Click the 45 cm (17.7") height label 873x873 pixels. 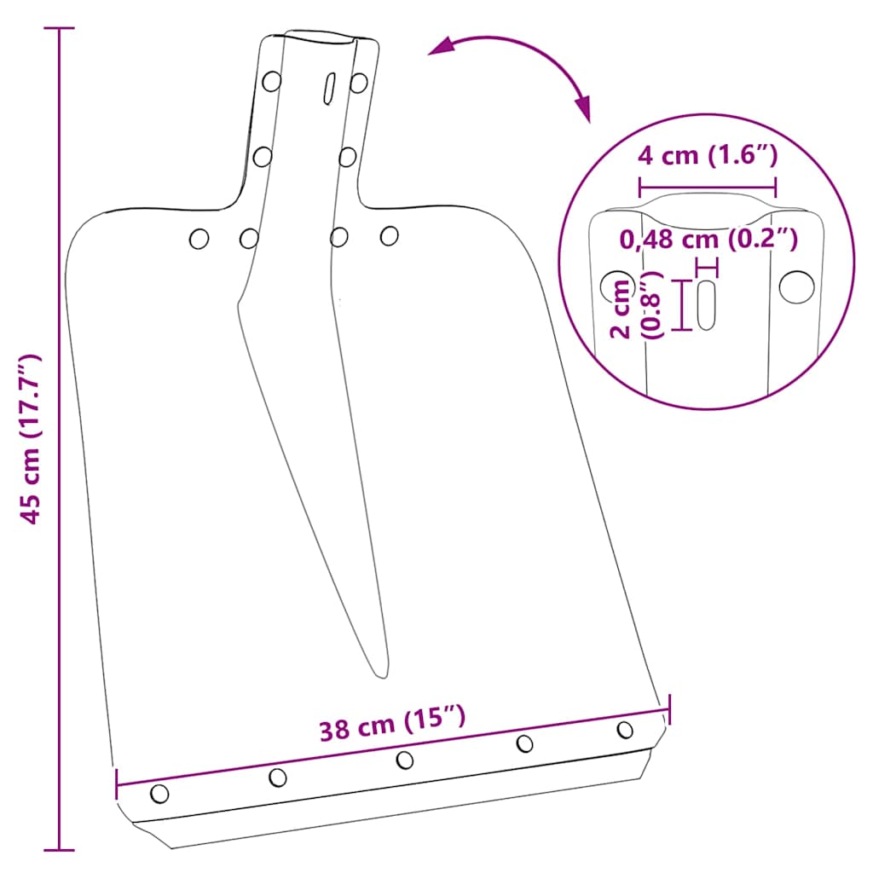pyautogui.click(x=32, y=439)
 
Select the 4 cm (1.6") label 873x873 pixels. pyautogui.click(x=708, y=156)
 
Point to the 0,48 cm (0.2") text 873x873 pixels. pyautogui.click(x=708, y=240)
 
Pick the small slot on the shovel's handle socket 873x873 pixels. pyautogui.click(x=329, y=87)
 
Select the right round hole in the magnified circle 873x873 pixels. pyautogui.click(x=796, y=286)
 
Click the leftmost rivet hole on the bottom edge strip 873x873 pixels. pyautogui.click(x=159, y=794)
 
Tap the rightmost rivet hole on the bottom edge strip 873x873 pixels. pyautogui.click(x=625, y=730)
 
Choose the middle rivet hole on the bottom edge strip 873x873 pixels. pyautogui.click(x=405, y=760)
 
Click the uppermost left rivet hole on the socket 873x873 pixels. pyautogui.click(x=272, y=82)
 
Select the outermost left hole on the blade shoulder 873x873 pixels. pyautogui.click(x=199, y=240)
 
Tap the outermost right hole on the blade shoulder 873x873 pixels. pyautogui.click(x=390, y=235)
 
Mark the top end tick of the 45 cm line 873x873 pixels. pyautogui.click(x=59, y=28)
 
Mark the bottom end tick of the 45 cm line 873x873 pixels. pyautogui.click(x=59, y=849)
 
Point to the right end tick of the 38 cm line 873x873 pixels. pyautogui.click(x=668, y=708)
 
